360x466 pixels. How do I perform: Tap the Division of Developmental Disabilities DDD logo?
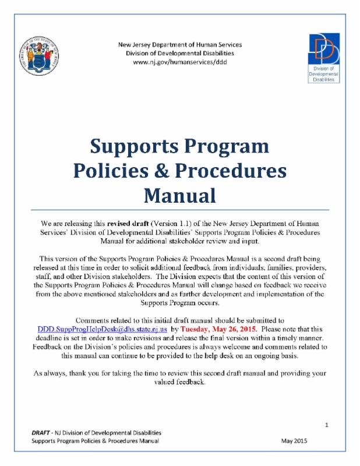[x=324, y=57]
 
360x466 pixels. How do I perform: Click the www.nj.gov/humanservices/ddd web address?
[x=179, y=61]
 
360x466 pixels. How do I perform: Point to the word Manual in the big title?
[x=179, y=193]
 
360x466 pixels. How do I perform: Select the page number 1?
[x=327, y=425]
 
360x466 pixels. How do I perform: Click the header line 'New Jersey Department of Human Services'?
[x=179, y=44]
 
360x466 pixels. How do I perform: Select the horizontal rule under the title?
[x=179, y=209]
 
